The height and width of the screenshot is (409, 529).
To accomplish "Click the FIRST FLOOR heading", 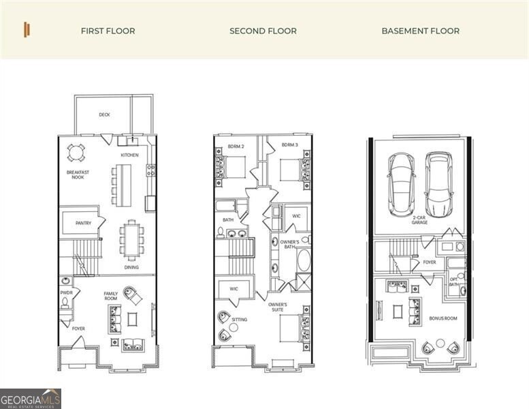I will pyautogui.click(x=108, y=31).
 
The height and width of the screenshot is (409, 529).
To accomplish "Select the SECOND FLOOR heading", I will pyautogui.click(x=263, y=31).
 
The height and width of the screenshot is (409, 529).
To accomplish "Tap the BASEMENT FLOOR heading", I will pyautogui.click(x=420, y=31).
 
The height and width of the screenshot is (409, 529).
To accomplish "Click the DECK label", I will pyautogui.click(x=104, y=115).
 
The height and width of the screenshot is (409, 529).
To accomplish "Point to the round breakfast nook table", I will pyautogui.click(x=74, y=151).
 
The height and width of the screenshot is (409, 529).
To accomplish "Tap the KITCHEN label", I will pyautogui.click(x=129, y=155).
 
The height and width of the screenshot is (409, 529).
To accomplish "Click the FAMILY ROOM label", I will pyautogui.click(x=110, y=297).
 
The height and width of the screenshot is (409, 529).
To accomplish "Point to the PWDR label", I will pyautogui.click(x=66, y=292).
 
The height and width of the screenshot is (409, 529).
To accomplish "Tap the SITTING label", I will pyautogui.click(x=239, y=319).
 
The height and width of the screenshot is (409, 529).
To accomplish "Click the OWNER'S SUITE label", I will pyautogui.click(x=277, y=307).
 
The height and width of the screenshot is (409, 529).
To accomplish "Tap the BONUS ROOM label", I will pyautogui.click(x=443, y=318).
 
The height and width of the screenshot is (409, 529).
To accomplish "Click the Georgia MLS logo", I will pyautogui.click(x=31, y=398).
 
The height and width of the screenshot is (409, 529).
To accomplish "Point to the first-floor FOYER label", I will pyautogui.click(x=79, y=329).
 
